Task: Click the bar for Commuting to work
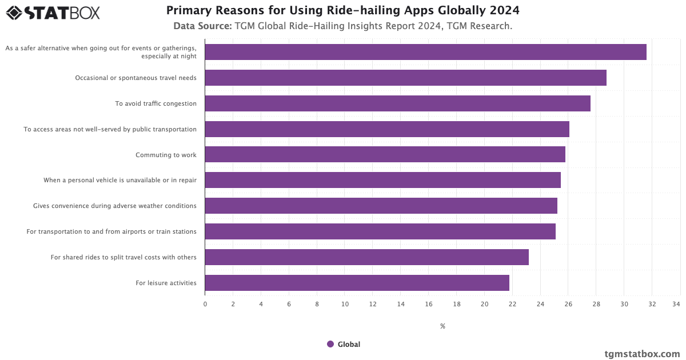point(385,154)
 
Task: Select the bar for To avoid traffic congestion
point(397,103)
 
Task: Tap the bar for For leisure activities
point(357,283)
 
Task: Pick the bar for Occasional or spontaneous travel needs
point(405,78)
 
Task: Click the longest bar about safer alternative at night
point(425,52)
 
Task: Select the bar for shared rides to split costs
point(366,257)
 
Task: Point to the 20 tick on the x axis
point(484,304)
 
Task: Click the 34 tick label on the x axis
point(676,304)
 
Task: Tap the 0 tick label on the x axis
point(205,304)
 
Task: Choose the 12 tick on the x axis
point(373,304)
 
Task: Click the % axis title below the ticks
point(442,326)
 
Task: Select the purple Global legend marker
point(330,344)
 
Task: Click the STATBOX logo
point(53,13)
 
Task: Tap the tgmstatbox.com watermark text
point(642,354)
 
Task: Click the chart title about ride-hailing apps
point(343,11)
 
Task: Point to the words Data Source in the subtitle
point(202,26)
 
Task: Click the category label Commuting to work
point(166,155)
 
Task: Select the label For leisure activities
point(166,283)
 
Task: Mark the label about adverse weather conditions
point(114,206)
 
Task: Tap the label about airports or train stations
point(111,231)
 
